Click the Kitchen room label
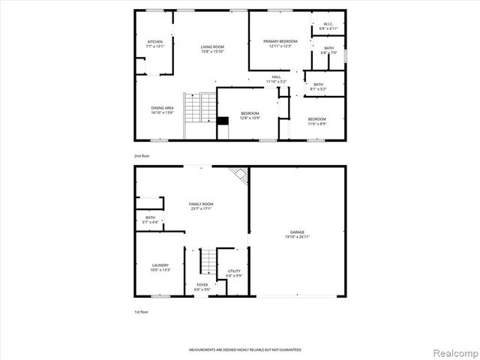(x=155, y=41)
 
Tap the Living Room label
(x=212, y=46)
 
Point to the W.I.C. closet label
(x=328, y=24)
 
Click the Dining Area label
(x=163, y=107)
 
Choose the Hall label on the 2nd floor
(x=276, y=76)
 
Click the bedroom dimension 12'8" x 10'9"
(x=250, y=118)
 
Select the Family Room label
(x=201, y=204)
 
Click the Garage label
(x=298, y=232)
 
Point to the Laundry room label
(x=160, y=265)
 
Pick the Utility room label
(x=234, y=271)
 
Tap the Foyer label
(x=202, y=285)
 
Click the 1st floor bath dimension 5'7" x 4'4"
(x=151, y=222)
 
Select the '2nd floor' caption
(x=142, y=155)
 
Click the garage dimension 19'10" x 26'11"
(x=298, y=237)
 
